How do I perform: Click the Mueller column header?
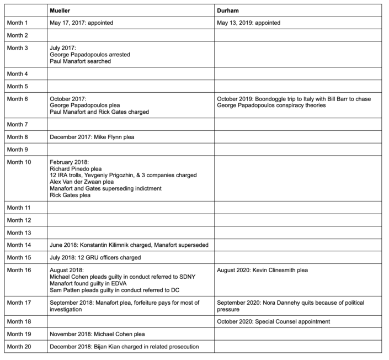[x=61, y=10]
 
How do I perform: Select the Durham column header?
[x=228, y=10]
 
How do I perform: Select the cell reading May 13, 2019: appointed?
[x=248, y=23]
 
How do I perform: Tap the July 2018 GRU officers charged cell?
[x=95, y=257]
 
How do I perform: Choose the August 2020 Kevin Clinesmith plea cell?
[x=262, y=270]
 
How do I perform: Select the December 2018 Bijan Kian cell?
[x=124, y=346]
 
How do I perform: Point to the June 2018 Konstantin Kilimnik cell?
[x=130, y=245]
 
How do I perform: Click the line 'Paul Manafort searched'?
[x=80, y=61]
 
